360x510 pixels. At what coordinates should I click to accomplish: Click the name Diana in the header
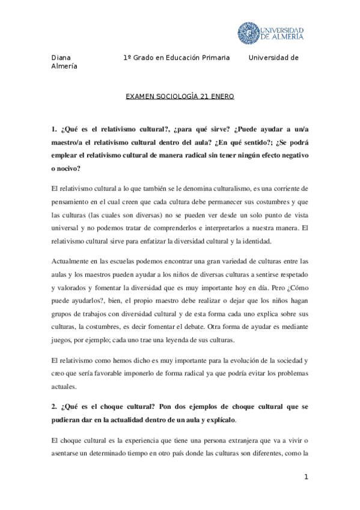[61, 58]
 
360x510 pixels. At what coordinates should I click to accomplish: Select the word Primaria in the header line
[213, 58]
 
